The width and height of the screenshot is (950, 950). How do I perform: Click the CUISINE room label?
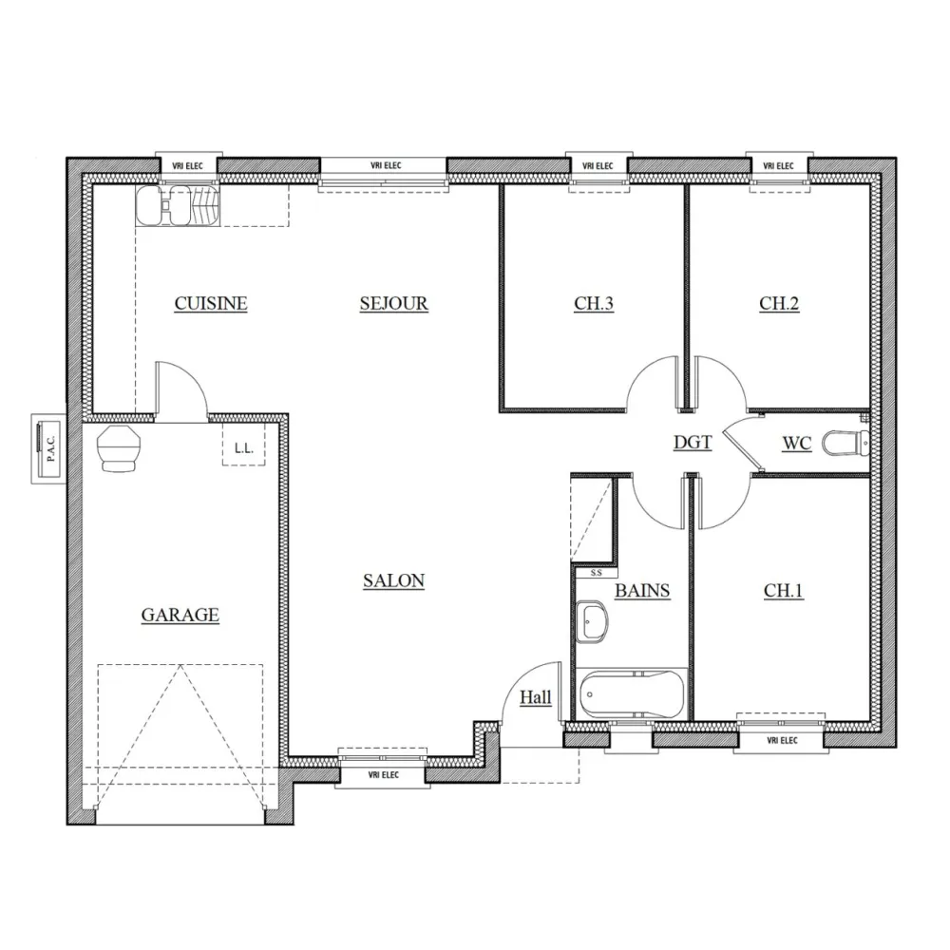tap(211, 304)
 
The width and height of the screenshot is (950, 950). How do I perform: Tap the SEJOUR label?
tap(393, 304)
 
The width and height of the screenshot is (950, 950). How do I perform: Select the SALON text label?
tap(393, 581)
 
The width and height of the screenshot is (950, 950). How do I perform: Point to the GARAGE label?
tap(180, 616)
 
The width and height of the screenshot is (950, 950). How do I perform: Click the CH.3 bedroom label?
tap(594, 304)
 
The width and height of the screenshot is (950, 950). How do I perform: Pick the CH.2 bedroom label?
tap(779, 304)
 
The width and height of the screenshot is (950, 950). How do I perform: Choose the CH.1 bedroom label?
tap(784, 591)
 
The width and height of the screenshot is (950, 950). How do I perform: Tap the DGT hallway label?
tap(693, 442)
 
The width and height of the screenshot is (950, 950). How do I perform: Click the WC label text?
tap(796, 443)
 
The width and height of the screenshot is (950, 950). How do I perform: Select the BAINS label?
tap(642, 591)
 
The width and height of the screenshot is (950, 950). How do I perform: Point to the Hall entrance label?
tap(536, 698)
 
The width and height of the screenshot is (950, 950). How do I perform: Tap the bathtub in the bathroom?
tap(632, 694)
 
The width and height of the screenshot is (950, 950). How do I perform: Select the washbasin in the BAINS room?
tap(594, 623)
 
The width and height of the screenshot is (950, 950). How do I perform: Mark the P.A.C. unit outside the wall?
tap(47, 446)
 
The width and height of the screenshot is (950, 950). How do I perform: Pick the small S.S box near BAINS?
tap(596, 573)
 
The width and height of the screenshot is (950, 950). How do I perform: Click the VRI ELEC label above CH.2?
tap(778, 166)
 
